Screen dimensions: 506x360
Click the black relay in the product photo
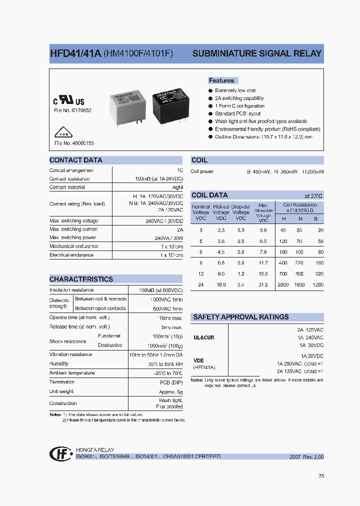pos(170,106)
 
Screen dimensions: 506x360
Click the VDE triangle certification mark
pos(60,134)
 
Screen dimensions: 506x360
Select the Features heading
pos(221,80)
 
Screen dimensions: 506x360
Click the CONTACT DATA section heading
pos(76,160)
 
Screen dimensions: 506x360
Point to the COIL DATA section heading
pos(209,195)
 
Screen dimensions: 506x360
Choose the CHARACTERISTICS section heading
pos(81,279)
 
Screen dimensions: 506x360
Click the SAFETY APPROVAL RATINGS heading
pos(240,317)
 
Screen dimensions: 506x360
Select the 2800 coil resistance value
pos(283,284)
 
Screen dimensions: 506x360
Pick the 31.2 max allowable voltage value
pos(263,284)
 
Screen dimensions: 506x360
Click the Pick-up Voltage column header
pos(221,212)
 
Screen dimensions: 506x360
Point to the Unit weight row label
pos(61,391)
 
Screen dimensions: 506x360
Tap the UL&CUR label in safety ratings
pos(204,337)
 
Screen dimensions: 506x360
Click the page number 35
pos(321,476)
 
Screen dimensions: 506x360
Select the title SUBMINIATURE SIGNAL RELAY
pos(257,53)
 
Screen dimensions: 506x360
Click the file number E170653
pos(73,110)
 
